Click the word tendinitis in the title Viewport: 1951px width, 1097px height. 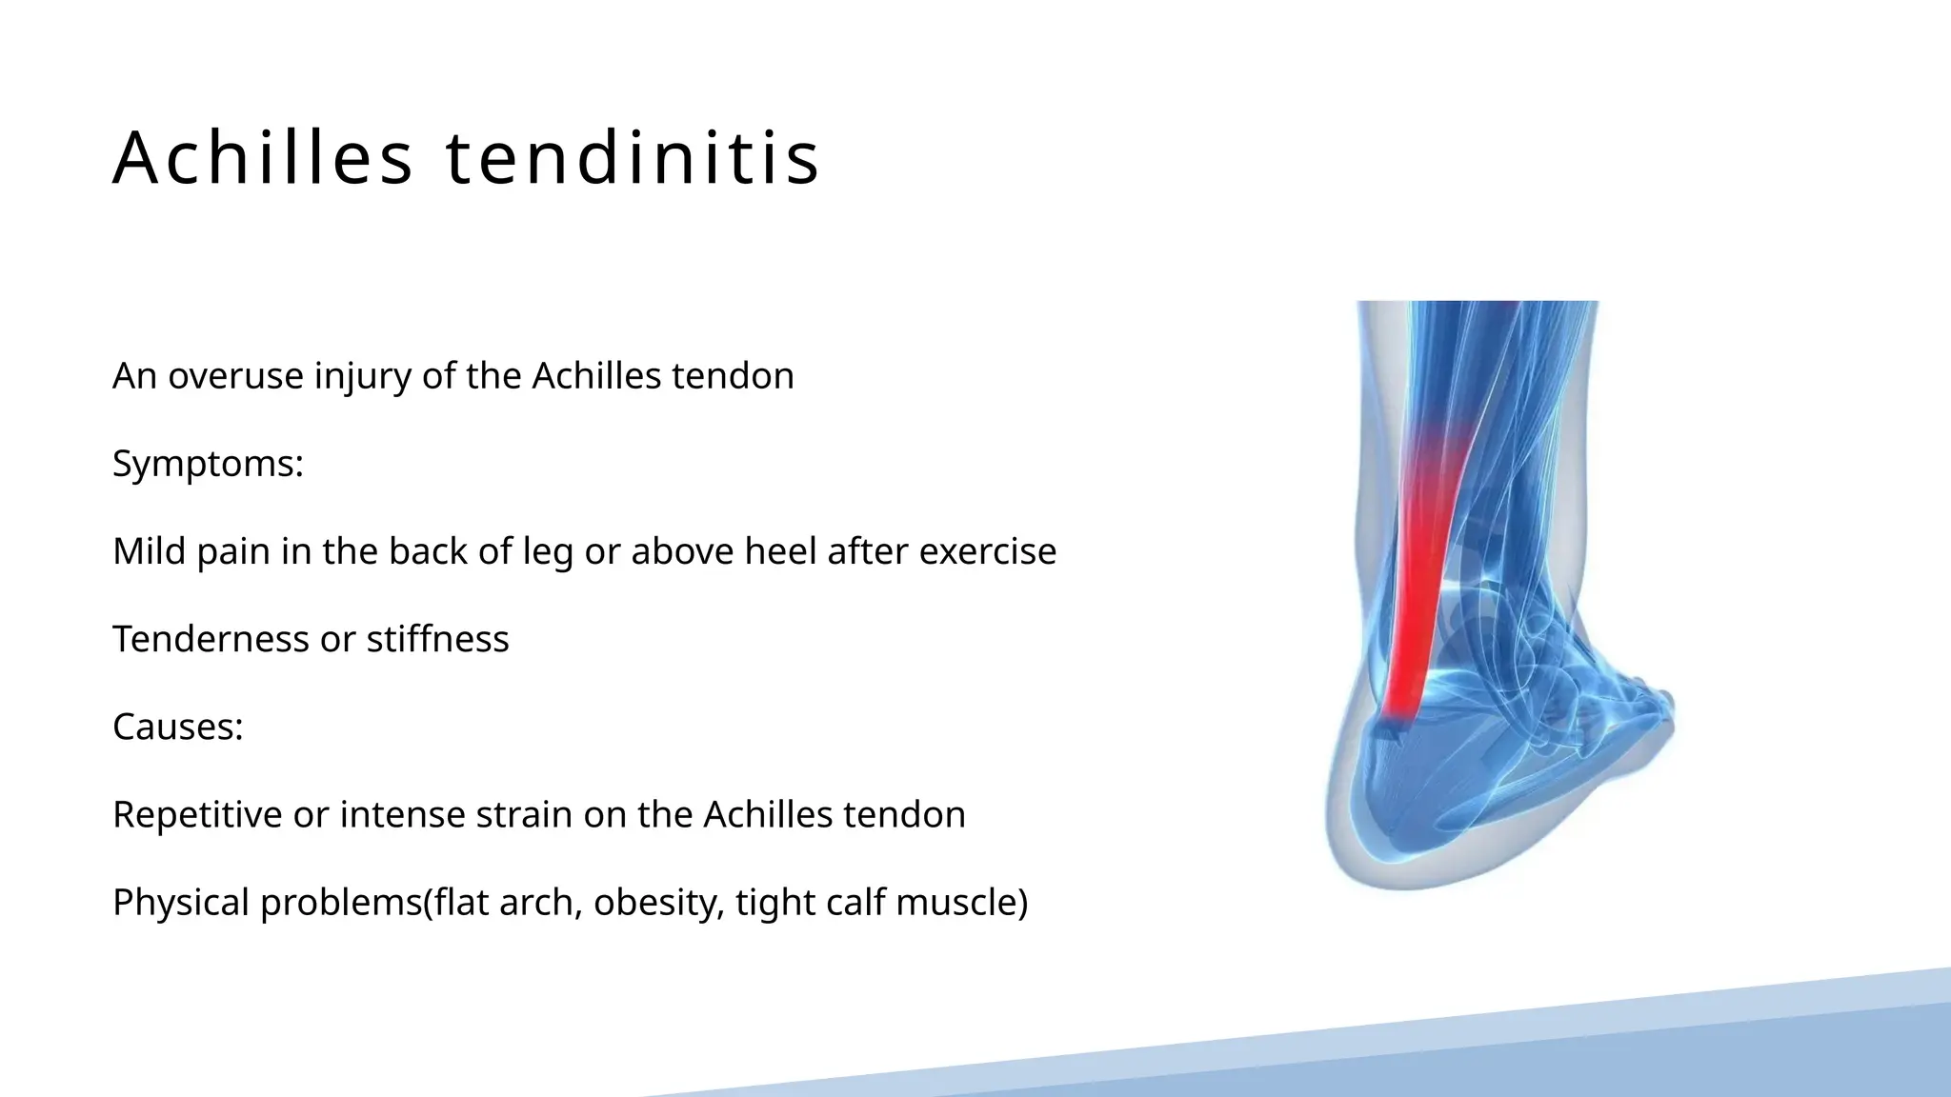coord(633,157)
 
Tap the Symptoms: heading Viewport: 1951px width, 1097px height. coord(208,465)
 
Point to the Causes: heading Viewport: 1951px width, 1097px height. coord(178,728)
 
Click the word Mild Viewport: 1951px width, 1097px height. coord(149,551)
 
